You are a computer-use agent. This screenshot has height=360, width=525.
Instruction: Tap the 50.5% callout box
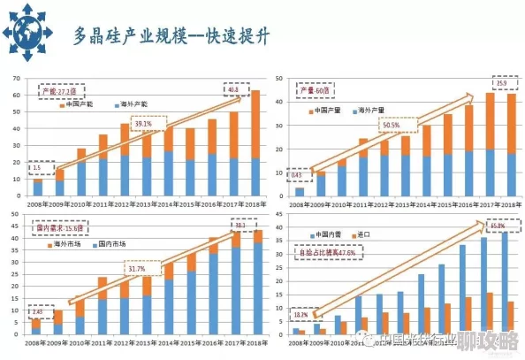point(392,126)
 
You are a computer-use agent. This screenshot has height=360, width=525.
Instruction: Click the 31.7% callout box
point(137,269)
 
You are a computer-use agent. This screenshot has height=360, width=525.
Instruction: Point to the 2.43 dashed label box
point(38,312)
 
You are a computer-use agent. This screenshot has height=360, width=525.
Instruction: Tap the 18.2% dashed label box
point(300,314)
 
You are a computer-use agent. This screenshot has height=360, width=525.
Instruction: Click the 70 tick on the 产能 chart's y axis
point(17,80)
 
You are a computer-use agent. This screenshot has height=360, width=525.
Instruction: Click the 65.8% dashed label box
point(498,226)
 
